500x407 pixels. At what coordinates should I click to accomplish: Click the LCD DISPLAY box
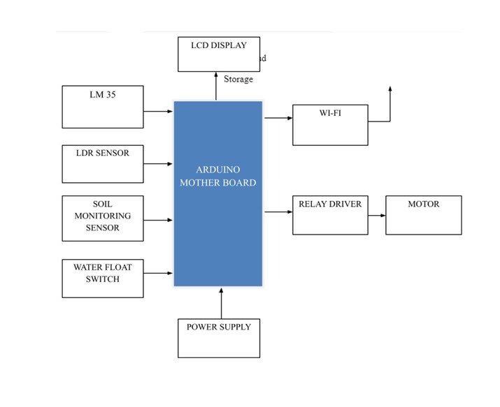pyautogui.click(x=219, y=54)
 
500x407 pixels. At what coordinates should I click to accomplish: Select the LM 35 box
pyautogui.click(x=102, y=107)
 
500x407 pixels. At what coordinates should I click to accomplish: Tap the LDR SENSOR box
pyautogui.click(x=102, y=164)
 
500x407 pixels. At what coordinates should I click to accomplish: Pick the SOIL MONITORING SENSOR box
pyautogui.click(x=102, y=218)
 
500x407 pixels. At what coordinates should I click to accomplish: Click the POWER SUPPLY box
pyautogui.click(x=219, y=338)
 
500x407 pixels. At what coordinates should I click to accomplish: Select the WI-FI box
pyautogui.click(x=330, y=125)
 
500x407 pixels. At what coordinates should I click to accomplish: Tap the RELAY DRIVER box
pyautogui.click(x=330, y=215)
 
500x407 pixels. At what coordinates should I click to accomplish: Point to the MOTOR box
pyautogui.click(x=424, y=215)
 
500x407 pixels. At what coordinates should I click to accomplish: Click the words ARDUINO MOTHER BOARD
pyautogui.click(x=218, y=176)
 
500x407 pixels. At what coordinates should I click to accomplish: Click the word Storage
pyautogui.click(x=238, y=79)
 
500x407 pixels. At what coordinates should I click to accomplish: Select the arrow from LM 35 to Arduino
pyautogui.click(x=158, y=110)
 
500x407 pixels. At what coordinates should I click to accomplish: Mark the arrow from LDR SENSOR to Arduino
pyautogui.click(x=158, y=164)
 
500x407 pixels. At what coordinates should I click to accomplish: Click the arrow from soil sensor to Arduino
pyautogui.click(x=158, y=220)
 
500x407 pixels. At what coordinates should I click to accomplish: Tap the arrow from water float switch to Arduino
pyautogui.click(x=158, y=273)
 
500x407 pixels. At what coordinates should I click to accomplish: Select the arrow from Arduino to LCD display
pyautogui.click(x=216, y=86)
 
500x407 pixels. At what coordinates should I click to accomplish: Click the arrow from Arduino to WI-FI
pyautogui.click(x=278, y=118)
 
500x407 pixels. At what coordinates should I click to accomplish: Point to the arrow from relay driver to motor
pyautogui.click(x=377, y=215)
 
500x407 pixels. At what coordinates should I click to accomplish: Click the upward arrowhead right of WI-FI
pyautogui.click(x=390, y=90)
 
